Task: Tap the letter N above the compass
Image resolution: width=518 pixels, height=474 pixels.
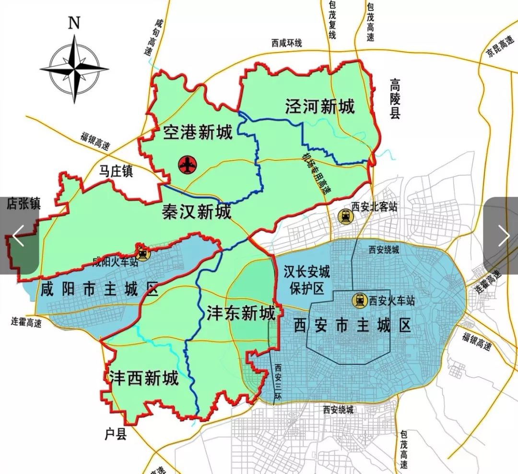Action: (x=73, y=23)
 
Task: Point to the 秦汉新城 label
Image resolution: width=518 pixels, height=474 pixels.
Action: (x=197, y=211)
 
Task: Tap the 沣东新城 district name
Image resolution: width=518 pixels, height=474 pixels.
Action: (x=241, y=314)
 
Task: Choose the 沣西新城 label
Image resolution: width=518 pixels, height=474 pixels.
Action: (x=143, y=378)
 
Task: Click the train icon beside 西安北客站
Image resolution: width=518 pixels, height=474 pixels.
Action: (x=344, y=216)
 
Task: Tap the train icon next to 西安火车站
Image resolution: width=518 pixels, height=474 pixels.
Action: (x=360, y=301)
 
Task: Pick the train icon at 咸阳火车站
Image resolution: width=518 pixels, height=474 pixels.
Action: (x=142, y=252)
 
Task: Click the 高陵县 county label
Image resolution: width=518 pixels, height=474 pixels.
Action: (x=395, y=99)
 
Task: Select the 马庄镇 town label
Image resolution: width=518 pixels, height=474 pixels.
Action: (x=116, y=171)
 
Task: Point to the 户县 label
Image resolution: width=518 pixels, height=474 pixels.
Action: (x=115, y=434)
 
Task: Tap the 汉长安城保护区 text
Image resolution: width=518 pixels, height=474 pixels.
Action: (x=306, y=280)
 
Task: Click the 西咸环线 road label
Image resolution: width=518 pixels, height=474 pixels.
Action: (x=286, y=43)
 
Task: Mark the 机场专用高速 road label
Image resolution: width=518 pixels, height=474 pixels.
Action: (x=317, y=172)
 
